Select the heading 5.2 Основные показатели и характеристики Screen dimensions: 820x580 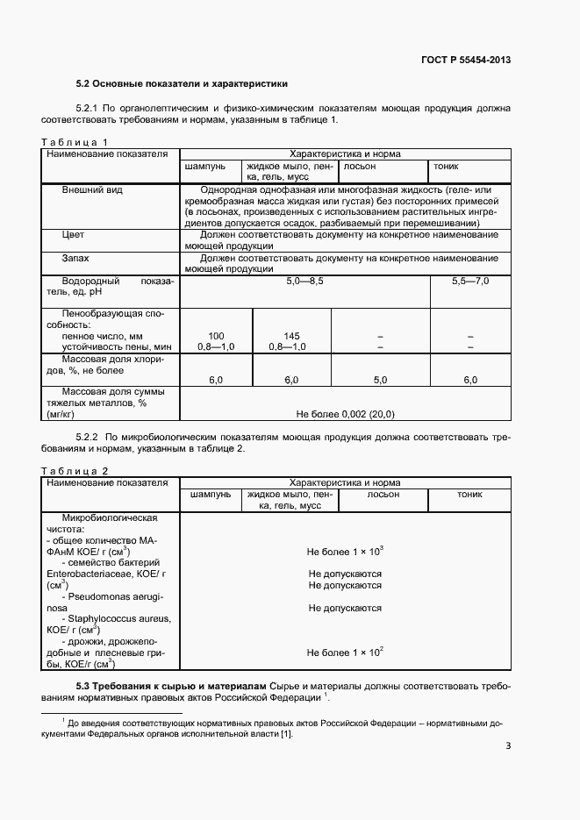182,84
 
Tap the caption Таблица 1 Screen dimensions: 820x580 75,142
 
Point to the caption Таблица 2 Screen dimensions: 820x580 75,471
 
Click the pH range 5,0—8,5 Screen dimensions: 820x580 304,280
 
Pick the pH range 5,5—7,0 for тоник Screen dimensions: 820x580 469,280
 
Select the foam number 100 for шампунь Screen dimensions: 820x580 216,336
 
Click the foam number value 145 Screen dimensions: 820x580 292,336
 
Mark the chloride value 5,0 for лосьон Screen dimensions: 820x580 380,380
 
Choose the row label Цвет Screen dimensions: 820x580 74,235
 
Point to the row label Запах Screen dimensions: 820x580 76,258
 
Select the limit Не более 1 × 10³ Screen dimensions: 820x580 345,552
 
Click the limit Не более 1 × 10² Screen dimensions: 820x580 345,652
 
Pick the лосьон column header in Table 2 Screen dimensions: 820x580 383,495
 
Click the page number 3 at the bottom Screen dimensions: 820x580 508,747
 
